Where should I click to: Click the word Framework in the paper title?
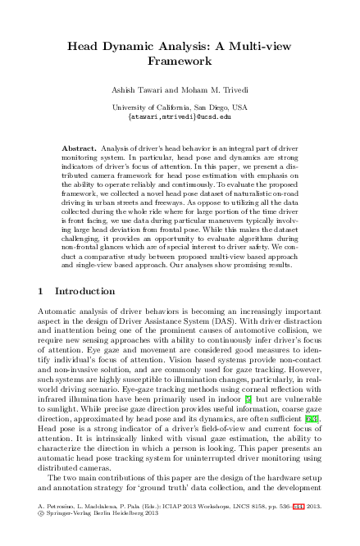point(180,61)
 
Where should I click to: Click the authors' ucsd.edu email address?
point(180,116)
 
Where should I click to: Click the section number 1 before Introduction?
point(42,291)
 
